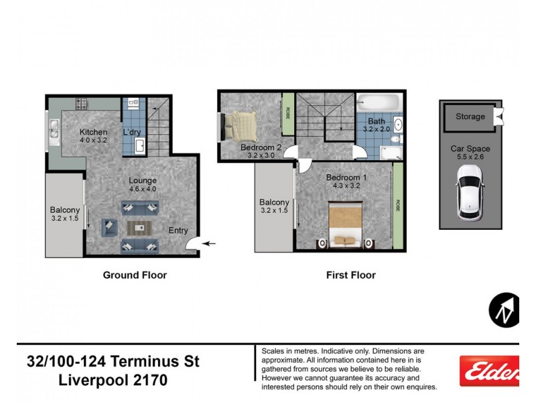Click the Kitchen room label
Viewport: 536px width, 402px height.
(94, 132)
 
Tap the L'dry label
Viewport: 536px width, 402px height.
(132, 132)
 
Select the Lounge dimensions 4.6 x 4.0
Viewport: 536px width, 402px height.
(143, 190)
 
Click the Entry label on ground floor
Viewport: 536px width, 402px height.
(178, 230)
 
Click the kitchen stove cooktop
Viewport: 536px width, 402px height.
(82, 105)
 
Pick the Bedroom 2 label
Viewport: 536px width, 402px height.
(261, 147)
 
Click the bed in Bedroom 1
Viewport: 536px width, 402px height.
(345, 226)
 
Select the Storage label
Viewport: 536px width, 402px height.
(470, 117)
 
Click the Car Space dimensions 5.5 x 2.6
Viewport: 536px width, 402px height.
(470, 157)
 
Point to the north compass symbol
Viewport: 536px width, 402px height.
(504, 310)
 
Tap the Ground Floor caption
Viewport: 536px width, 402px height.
(135, 275)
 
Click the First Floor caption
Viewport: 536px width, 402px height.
(350, 275)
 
